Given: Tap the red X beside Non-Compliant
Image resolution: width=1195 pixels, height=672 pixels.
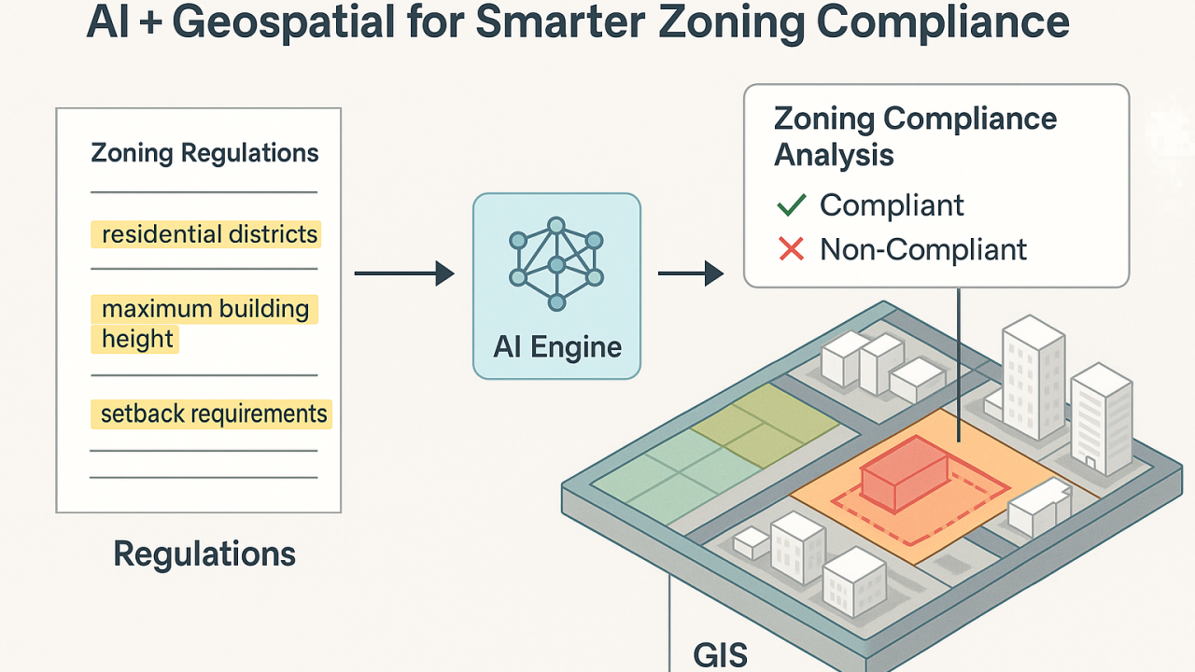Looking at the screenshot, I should [791, 249].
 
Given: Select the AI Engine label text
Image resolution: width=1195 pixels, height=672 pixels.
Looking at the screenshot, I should [557, 347].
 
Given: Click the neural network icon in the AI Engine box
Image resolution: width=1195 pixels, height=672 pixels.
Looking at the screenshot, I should [556, 265].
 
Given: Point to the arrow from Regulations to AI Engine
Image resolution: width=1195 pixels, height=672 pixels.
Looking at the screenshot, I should [403, 273].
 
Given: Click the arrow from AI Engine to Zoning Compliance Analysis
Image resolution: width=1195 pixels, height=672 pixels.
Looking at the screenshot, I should [691, 273].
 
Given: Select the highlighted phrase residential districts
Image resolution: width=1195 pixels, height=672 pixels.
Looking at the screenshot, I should [209, 234].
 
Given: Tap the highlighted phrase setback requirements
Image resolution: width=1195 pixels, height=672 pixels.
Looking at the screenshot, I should [214, 413].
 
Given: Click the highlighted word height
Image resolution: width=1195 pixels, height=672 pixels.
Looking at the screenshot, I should [137, 339].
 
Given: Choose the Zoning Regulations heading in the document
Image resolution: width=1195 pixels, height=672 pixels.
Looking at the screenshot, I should [204, 153].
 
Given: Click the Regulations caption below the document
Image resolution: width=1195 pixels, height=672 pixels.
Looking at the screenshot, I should [204, 554].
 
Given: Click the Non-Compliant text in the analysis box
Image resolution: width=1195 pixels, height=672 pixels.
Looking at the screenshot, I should [922, 249].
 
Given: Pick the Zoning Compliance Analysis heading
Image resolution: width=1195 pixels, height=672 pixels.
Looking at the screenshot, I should [915, 136].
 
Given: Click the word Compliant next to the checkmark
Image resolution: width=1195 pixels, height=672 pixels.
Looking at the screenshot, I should [892, 205].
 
